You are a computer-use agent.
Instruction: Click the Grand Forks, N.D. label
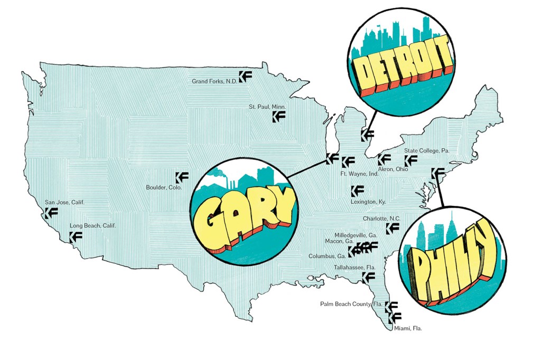click(x=214, y=81)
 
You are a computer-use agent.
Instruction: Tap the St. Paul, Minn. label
click(x=267, y=107)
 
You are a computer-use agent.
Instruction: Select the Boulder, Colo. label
click(x=164, y=187)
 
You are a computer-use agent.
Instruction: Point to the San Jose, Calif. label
click(x=64, y=202)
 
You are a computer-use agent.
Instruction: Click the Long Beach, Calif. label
click(x=92, y=225)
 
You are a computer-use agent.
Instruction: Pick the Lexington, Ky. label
click(x=368, y=202)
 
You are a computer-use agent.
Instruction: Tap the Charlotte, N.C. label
click(x=381, y=219)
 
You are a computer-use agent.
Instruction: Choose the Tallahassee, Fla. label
click(x=355, y=267)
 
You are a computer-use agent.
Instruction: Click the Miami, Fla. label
click(x=408, y=328)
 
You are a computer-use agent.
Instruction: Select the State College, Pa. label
click(x=426, y=151)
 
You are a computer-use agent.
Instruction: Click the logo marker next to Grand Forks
click(x=245, y=77)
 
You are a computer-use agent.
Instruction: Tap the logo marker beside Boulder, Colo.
click(x=182, y=178)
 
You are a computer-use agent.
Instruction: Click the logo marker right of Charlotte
click(x=393, y=228)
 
